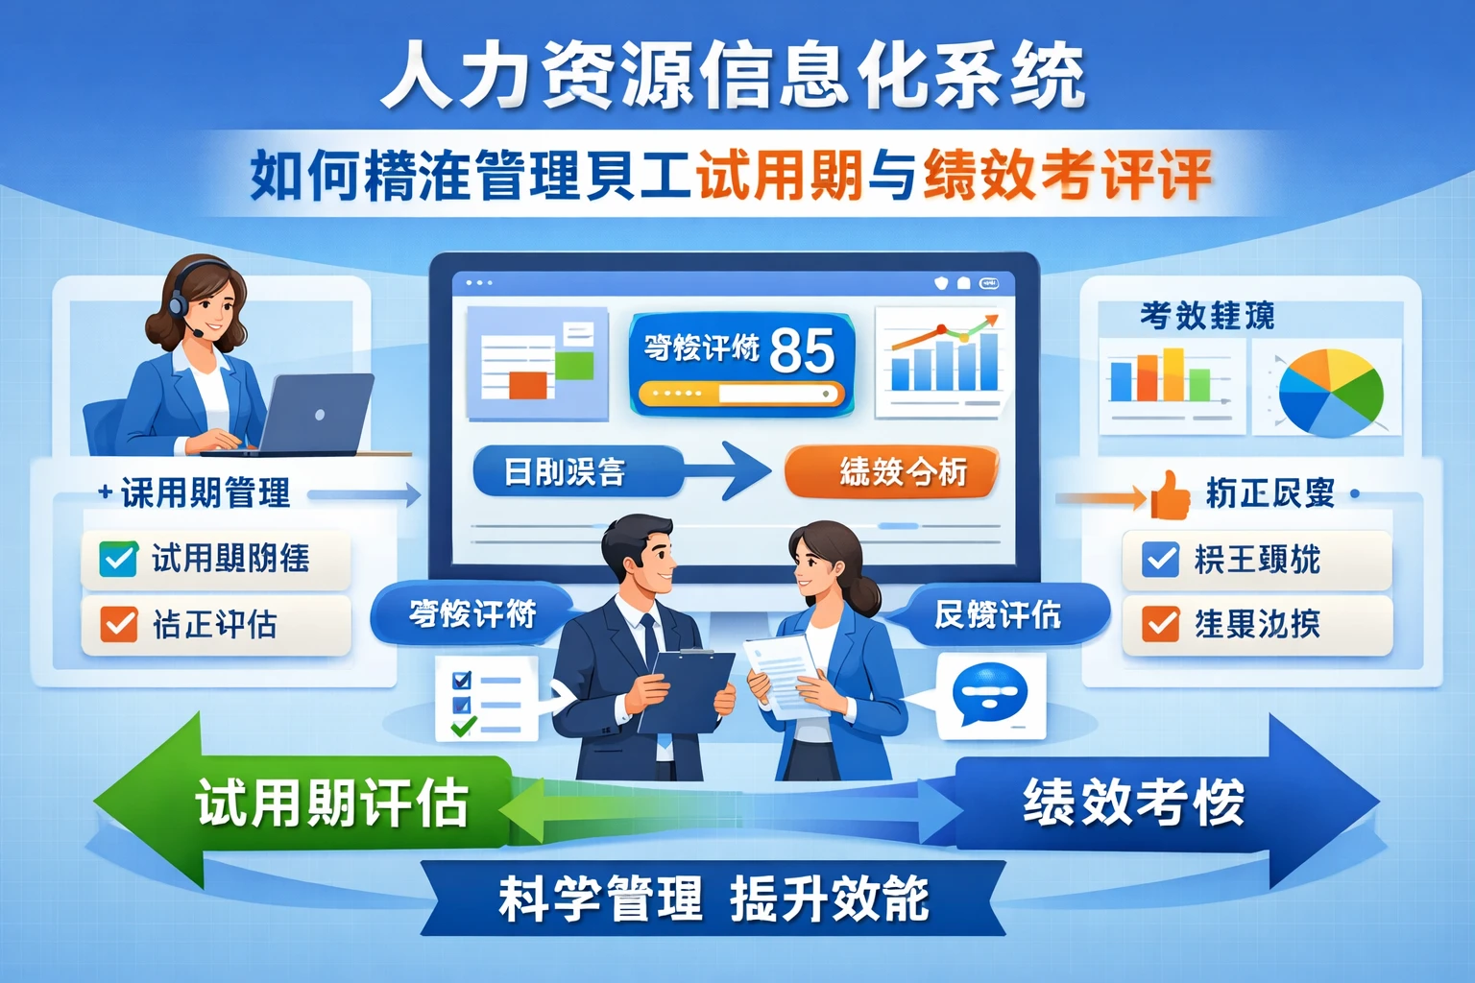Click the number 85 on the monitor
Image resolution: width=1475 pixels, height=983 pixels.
(x=802, y=350)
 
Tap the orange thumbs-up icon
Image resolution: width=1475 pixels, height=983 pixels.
(x=1170, y=494)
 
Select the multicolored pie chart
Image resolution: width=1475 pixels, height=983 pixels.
(x=1331, y=391)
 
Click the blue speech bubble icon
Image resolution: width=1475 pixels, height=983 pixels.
(x=989, y=694)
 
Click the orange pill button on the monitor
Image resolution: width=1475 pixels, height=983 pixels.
(x=891, y=471)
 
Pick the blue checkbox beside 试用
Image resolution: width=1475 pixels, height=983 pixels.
(x=118, y=559)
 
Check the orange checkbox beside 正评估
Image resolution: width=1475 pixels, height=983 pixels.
(x=118, y=625)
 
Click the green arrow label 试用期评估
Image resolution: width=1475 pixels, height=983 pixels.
(x=331, y=803)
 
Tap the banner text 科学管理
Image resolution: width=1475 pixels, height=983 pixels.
(x=600, y=899)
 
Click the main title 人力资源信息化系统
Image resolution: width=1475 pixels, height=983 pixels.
(x=735, y=75)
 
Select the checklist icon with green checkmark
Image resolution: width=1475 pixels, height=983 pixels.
(x=484, y=699)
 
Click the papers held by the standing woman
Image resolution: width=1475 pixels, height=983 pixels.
(x=783, y=672)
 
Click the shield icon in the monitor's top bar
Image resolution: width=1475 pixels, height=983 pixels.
(x=942, y=283)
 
